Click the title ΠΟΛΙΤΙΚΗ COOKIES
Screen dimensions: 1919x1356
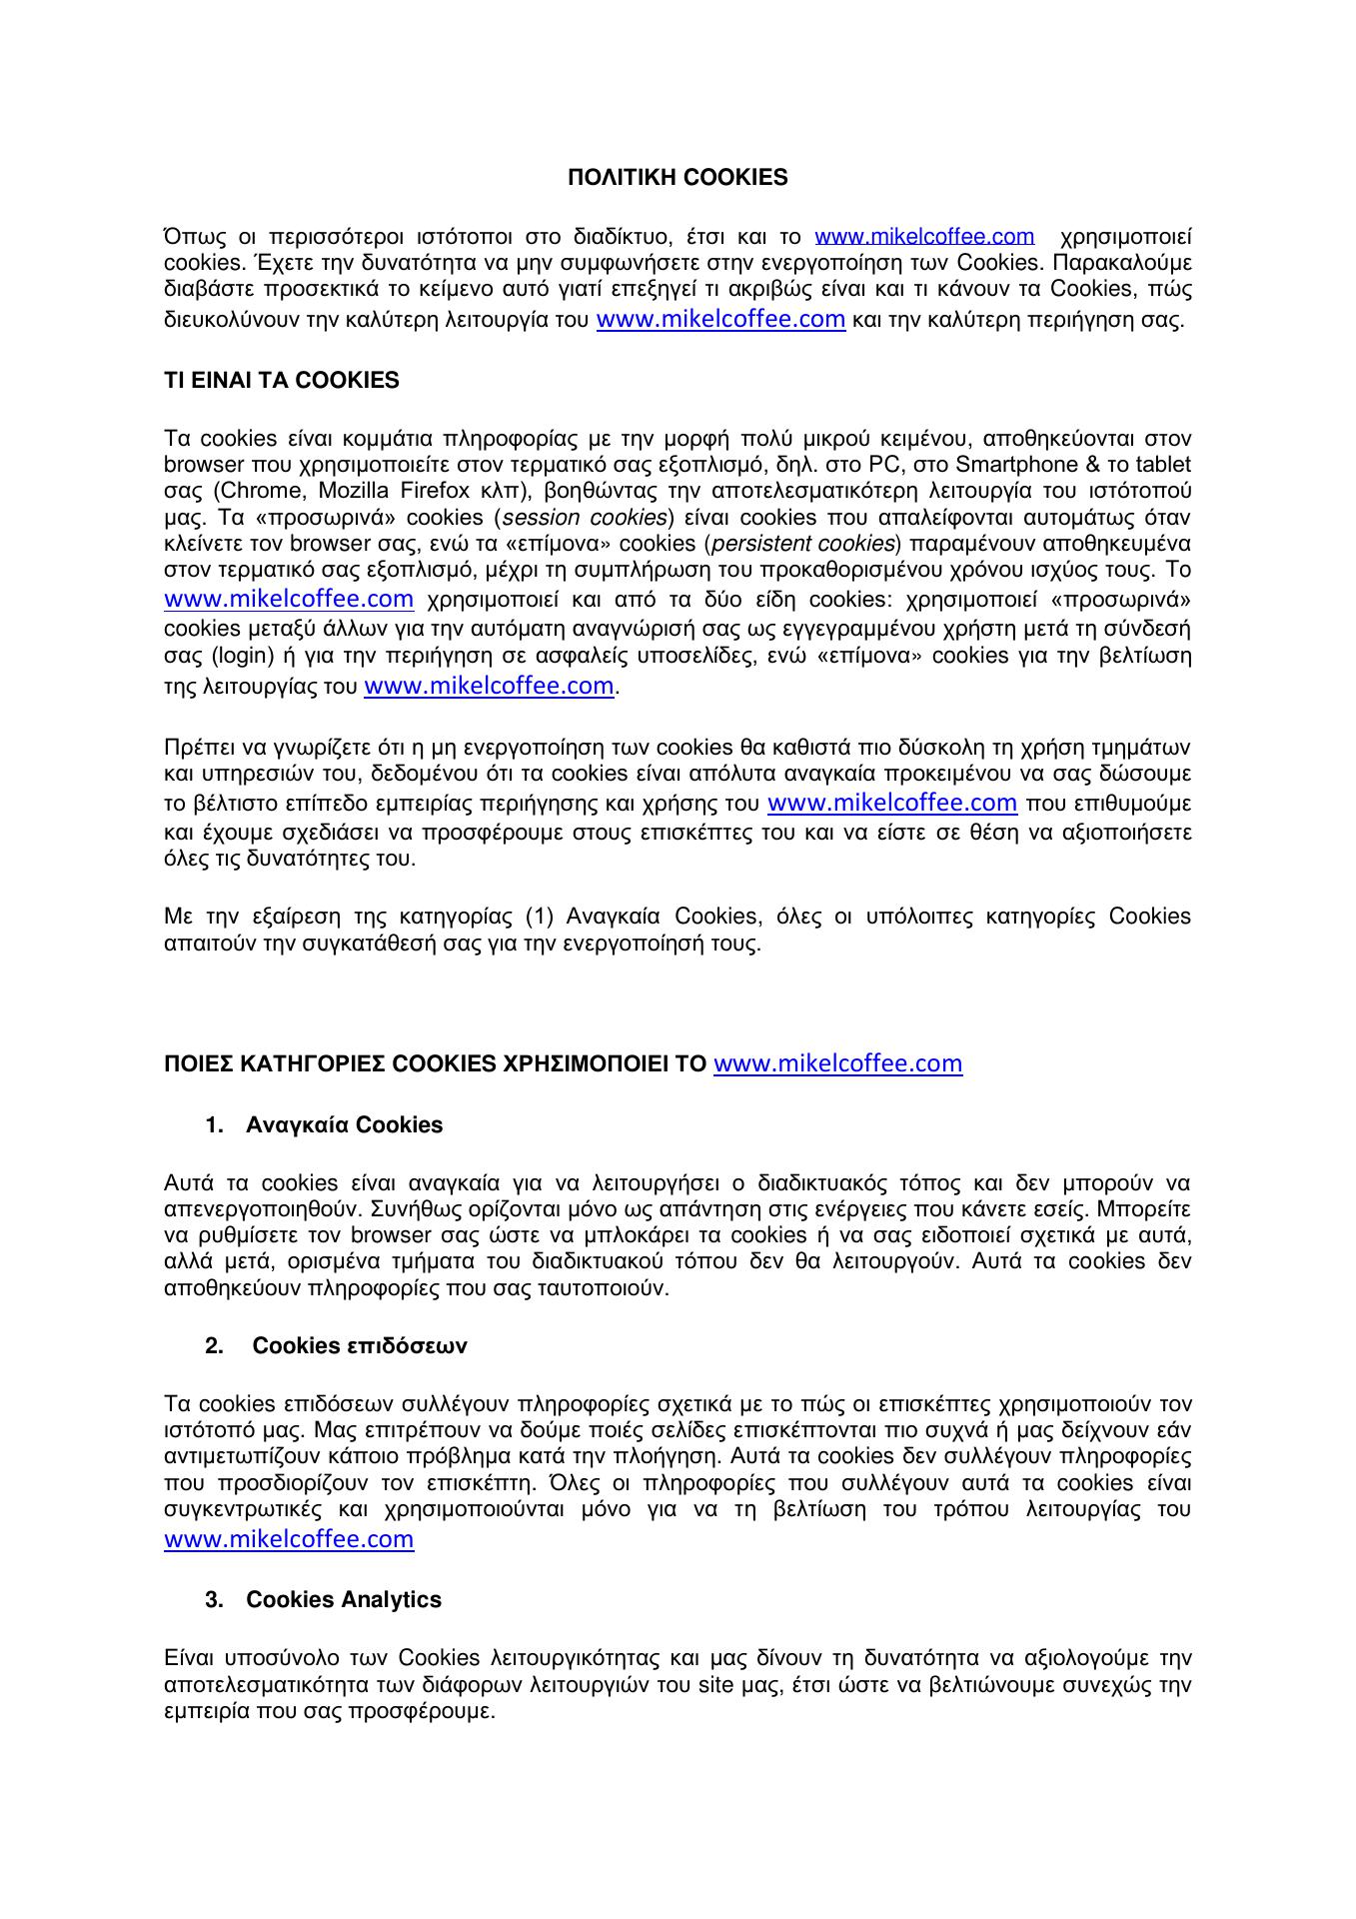tap(678, 178)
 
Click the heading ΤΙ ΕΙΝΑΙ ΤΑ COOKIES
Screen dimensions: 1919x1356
tap(281, 380)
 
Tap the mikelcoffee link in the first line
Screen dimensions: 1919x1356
tap(924, 237)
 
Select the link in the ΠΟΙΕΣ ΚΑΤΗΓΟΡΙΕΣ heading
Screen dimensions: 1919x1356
tap(838, 1063)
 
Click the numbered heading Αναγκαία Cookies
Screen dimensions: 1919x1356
tap(344, 1125)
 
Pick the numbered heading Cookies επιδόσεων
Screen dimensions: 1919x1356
tap(359, 1345)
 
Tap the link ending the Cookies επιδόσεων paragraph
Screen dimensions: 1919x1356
tap(289, 1539)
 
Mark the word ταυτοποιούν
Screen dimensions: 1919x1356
tap(598, 1288)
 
